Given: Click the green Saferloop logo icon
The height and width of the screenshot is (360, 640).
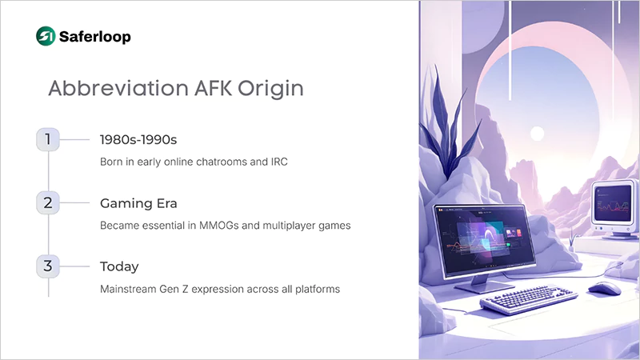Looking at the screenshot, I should pos(46,36).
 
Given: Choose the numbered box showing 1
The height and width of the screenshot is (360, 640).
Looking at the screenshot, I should pos(48,139).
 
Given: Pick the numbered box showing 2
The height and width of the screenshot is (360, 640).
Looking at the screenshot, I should pos(48,203).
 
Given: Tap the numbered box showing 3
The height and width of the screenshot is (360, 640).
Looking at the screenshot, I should pos(48,266).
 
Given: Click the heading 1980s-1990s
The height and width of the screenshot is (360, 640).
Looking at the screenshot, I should pos(138,139).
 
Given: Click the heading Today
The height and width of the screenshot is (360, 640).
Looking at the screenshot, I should pos(120,266).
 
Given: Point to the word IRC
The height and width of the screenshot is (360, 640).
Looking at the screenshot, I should pos(277,162).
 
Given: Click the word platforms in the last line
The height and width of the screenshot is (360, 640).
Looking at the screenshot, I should pos(316,289).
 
